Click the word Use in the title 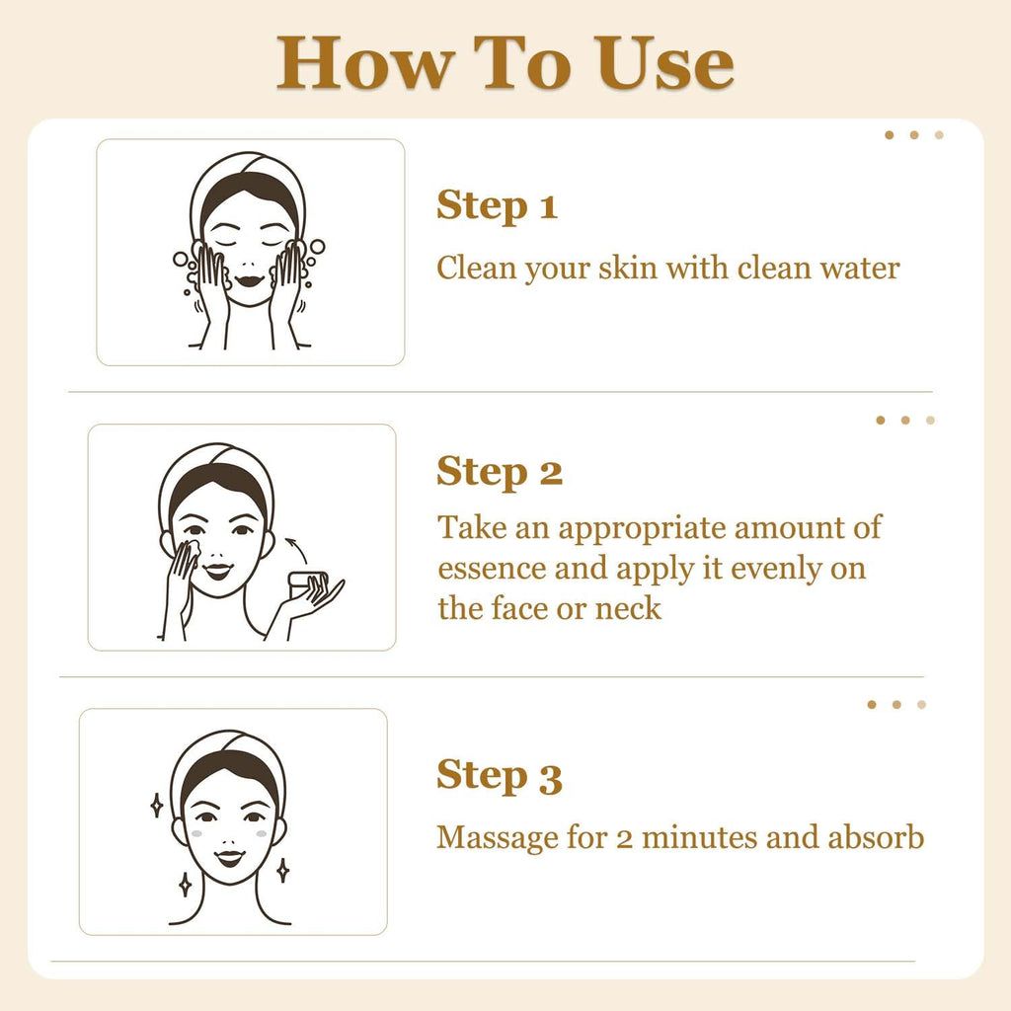click(664, 62)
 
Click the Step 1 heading click(498, 206)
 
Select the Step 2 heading click(500, 473)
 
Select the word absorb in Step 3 click(876, 837)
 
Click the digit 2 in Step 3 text click(624, 839)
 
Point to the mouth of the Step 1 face click(250, 281)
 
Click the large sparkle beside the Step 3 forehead click(156, 806)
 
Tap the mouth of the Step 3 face click(229, 858)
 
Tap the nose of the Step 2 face click(217, 554)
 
